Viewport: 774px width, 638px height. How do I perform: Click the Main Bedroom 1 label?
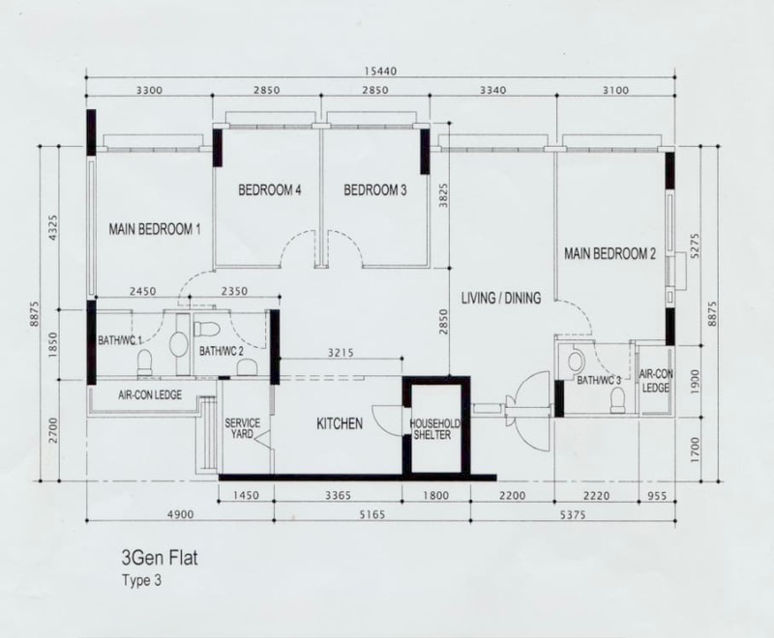pos(155,229)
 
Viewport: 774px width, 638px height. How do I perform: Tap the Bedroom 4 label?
pos(270,189)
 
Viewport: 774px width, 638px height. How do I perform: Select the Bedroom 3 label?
pos(375,189)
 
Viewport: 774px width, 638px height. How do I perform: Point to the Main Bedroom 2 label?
pos(610,254)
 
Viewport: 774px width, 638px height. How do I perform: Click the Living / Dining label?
pos(501,298)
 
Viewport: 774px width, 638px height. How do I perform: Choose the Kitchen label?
pos(340,423)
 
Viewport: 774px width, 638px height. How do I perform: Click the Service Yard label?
pos(243,428)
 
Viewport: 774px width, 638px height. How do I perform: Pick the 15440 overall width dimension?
pos(380,71)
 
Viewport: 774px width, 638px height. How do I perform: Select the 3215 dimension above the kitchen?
pos(341,353)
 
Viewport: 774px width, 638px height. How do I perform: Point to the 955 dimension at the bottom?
pos(657,496)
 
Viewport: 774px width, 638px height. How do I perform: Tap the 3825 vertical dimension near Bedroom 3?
pos(443,195)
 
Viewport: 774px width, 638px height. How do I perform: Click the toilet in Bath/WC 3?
pos(617,400)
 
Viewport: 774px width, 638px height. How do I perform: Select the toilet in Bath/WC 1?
pos(144,362)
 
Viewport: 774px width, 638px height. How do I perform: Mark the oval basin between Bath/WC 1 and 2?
pos(178,344)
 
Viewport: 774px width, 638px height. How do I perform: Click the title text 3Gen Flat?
pos(160,558)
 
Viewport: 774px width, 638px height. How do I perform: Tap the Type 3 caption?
pos(141,580)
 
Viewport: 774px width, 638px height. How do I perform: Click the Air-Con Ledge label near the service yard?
pos(150,395)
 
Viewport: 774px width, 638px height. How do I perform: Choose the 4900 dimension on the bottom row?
pos(181,514)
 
